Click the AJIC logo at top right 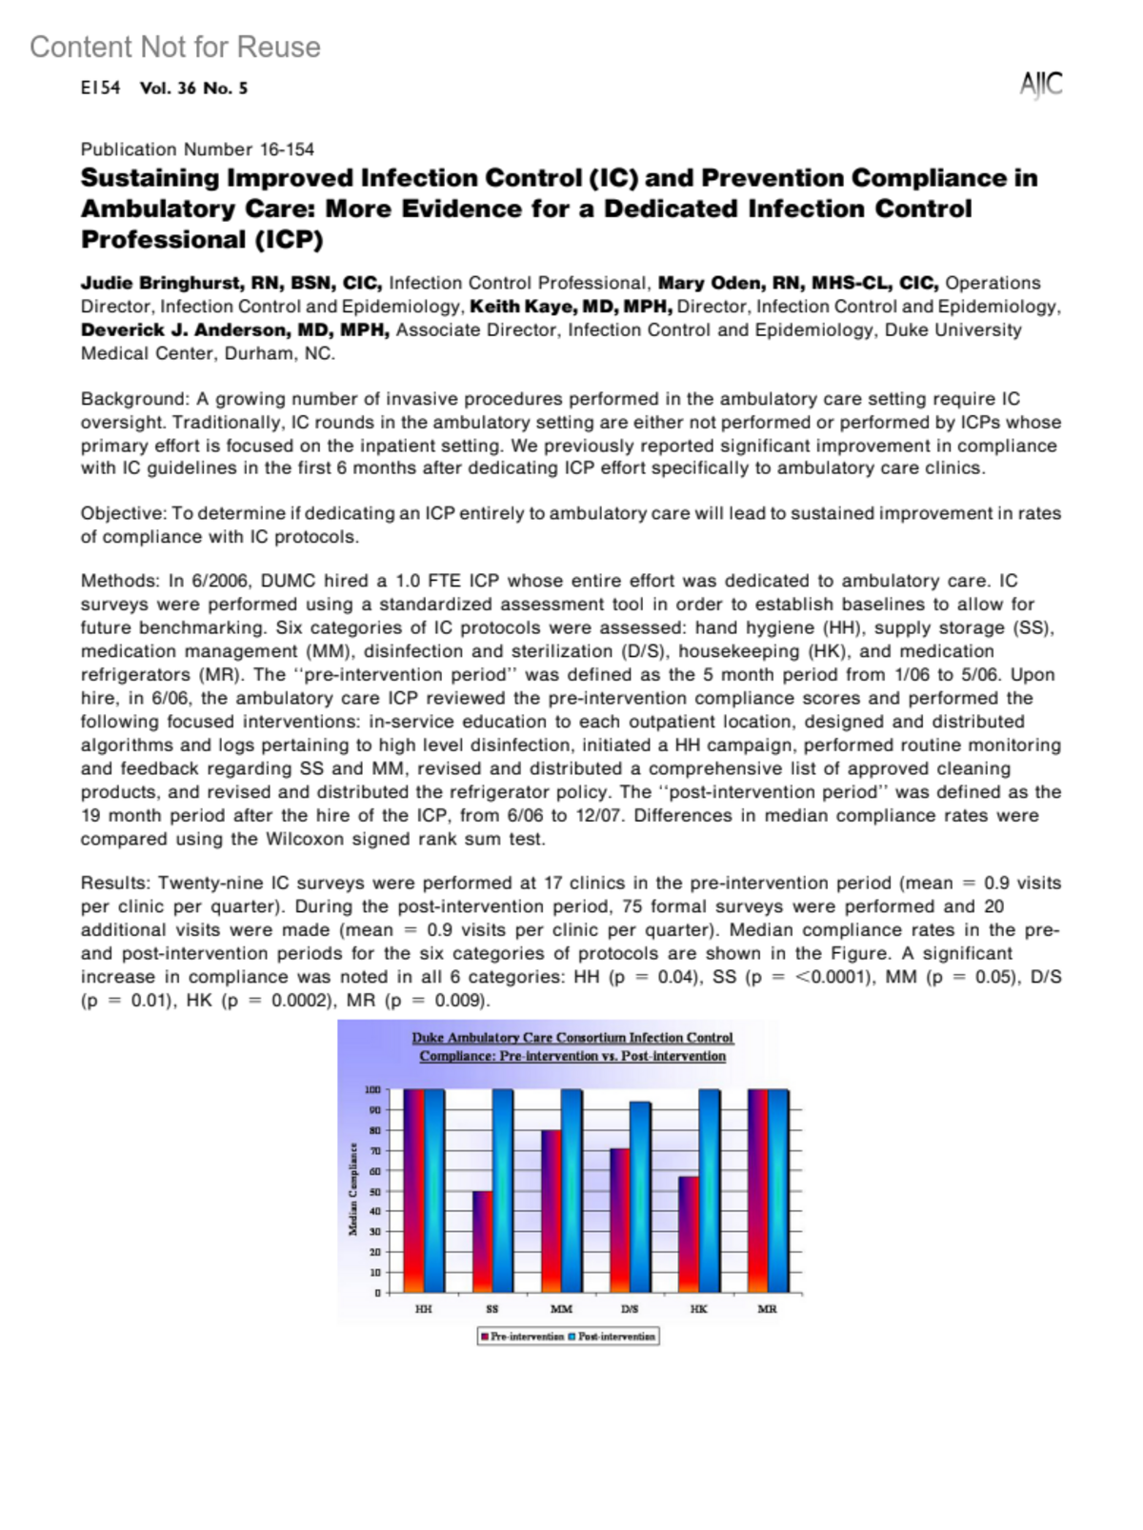pyautogui.click(x=1040, y=85)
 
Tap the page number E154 pyautogui.click(x=100, y=88)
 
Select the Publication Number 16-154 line pyautogui.click(x=197, y=149)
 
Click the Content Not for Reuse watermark pyautogui.click(x=175, y=47)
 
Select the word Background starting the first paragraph pyautogui.click(x=134, y=399)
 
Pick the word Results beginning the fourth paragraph pyautogui.click(x=115, y=884)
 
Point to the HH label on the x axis pyautogui.click(x=424, y=1309)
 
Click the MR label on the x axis pyautogui.click(x=768, y=1309)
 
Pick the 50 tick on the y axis pyautogui.click(x=375, y=1191)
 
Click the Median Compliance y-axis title pyautogui.click(x=353, y=1190)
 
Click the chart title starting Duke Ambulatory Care pyautogui.click(x=572, y=1046)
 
